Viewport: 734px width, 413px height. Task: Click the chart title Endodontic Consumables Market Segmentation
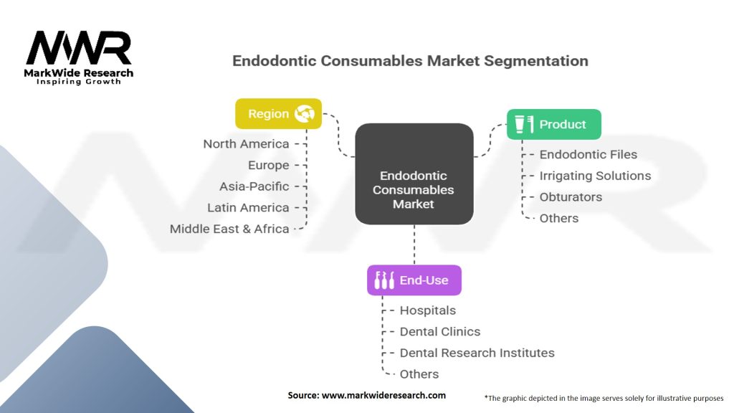410,61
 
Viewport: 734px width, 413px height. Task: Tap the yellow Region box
278,113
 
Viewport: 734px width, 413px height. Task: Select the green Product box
553,124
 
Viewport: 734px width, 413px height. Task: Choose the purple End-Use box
414,280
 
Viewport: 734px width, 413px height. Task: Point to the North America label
246,143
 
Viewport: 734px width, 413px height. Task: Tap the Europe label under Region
268,165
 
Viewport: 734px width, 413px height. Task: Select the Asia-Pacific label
254,186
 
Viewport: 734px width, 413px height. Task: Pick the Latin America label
248,208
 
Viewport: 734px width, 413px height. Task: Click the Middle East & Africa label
229,229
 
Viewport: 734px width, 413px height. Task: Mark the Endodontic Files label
588,154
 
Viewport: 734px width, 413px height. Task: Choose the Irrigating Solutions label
595,176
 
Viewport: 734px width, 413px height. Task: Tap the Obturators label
571,197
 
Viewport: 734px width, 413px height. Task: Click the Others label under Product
558,218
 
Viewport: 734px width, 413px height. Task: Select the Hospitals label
427,310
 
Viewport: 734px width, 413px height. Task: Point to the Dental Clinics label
439,332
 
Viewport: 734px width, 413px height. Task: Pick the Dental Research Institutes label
477,353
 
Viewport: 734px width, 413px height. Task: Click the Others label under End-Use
419,374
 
